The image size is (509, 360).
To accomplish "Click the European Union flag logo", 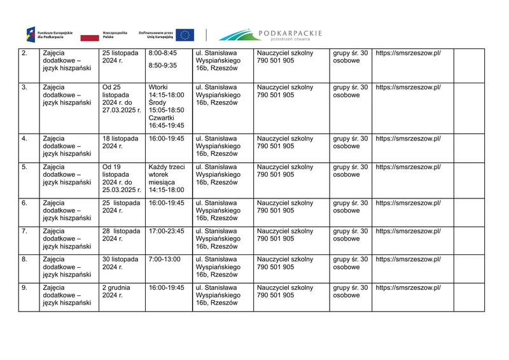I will pyautogui.click(x=185, y=35).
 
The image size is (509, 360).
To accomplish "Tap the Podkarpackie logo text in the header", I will pyautogui.click(x=290, y=33).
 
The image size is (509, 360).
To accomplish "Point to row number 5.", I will pyautogui.click(x=24, y=167).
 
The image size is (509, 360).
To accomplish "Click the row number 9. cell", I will pyautogui.click(x=24, y=287).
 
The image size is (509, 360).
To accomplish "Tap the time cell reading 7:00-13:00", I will pyautogui.click(x=164, y=260).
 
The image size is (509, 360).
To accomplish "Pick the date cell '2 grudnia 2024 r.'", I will pyautogui.click(x=117, y=291).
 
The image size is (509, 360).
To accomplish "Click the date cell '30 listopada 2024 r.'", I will pyautogui.click(x=120, y=263).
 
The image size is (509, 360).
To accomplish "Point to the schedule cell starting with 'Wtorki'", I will pyautogui.click(x=166, y=106).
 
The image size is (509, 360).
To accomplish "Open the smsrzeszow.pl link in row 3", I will pyautogui.click(x=408, y=87).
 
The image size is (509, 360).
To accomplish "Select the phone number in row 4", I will pyautogui.click(x=275, y=146).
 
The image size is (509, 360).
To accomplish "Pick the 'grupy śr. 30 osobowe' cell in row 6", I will pyautogui.click(x=350, y=207).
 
